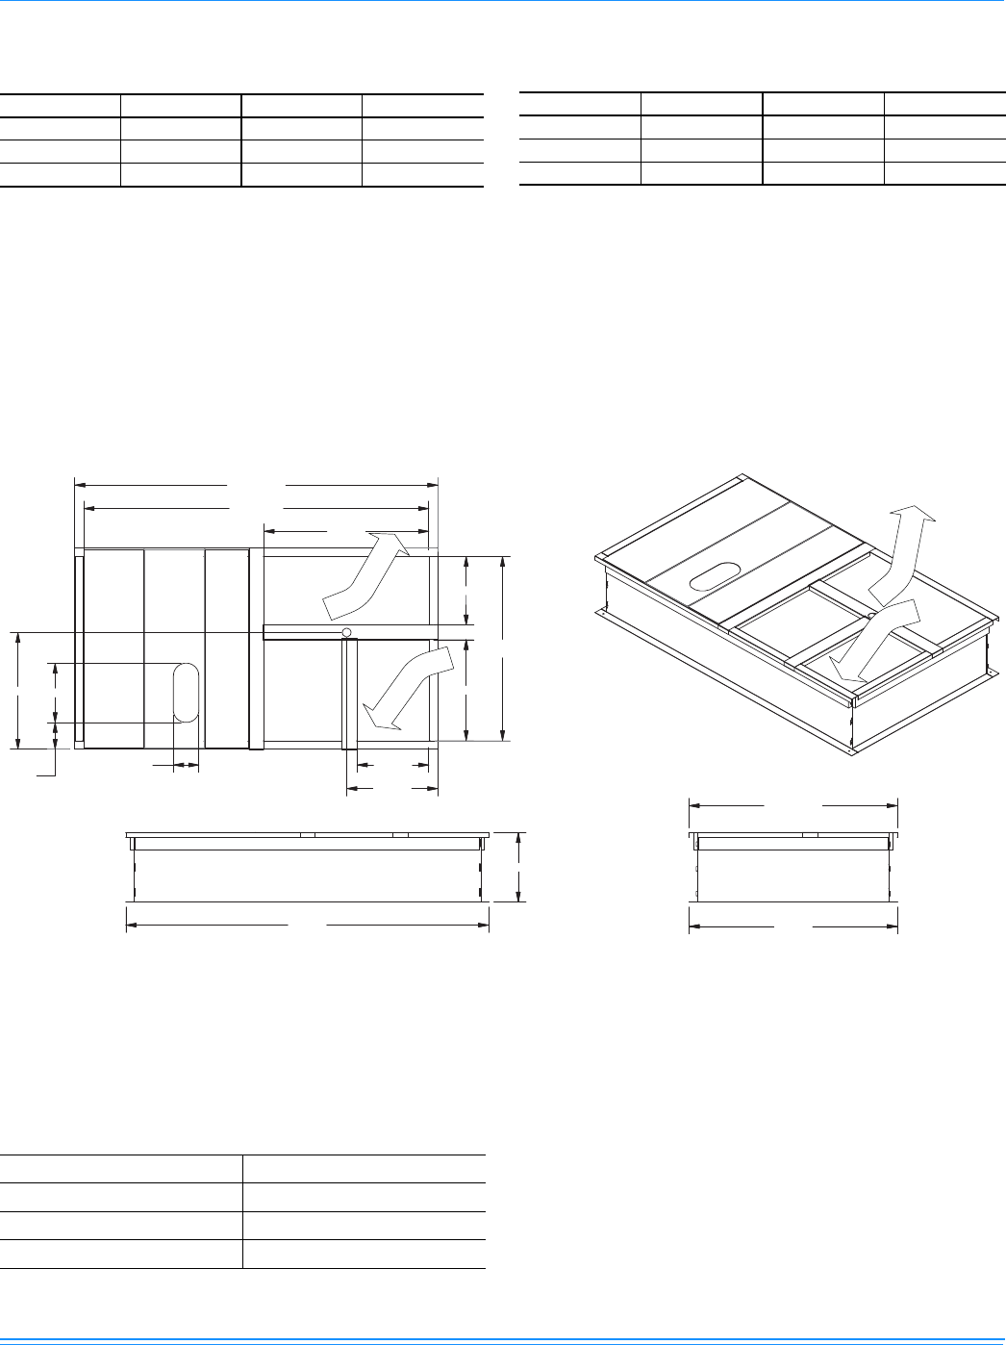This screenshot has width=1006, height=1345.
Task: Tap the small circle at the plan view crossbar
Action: click(346, 632)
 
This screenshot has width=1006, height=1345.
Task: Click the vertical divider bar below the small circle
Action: click(350, 693)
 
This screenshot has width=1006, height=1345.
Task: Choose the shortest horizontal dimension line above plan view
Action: click(345, 529)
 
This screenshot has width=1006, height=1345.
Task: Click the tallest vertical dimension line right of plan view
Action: click(503, 647)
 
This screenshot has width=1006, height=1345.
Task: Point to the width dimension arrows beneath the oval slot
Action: click(186, 766)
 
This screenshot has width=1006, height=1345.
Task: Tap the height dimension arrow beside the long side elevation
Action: click(518, 867)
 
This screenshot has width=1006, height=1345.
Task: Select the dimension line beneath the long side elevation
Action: click(308, 925)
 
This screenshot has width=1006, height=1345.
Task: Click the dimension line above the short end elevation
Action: click(792, 804)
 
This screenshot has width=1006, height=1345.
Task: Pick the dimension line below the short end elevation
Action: click(792, 927)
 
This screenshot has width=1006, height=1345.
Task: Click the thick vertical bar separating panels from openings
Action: click(256, 648)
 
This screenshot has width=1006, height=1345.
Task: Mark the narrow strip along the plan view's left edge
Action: click(79, 648)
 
